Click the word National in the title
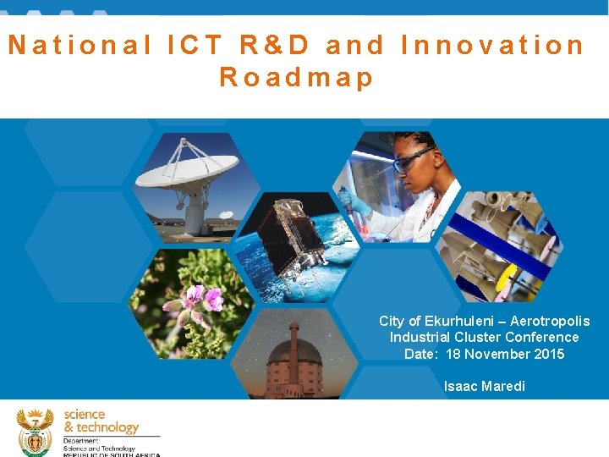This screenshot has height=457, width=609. point(80,45)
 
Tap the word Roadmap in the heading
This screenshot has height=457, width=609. point(296,78)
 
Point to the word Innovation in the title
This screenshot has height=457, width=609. point(492,45)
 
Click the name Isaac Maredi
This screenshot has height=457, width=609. point(484,386)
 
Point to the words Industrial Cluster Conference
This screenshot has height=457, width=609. point(484,337)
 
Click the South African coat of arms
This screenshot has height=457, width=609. point(35,432)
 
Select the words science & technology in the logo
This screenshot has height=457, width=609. point(100,421)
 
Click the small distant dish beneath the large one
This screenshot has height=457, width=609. point(225,216)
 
